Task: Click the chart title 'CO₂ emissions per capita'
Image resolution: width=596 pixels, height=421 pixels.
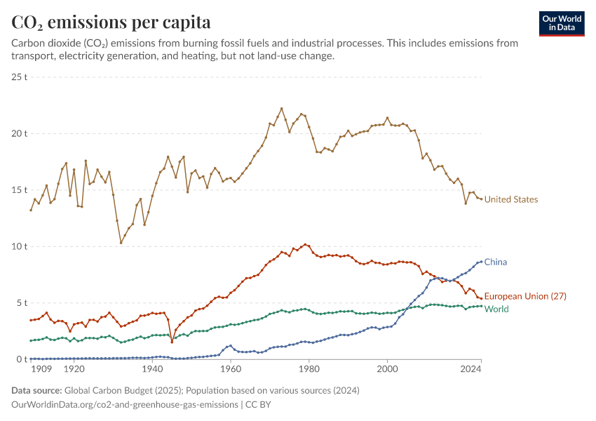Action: (111, 22)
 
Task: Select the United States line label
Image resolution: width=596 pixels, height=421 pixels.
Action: (511, 200)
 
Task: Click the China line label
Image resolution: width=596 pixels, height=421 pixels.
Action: (496, 262)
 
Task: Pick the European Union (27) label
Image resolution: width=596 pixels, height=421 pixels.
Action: (525, 297)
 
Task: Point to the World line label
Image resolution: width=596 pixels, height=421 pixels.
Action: (496, 309)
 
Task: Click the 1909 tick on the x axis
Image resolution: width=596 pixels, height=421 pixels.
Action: (41, 368)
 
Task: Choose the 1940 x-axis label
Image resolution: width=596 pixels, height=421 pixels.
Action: (152, 368)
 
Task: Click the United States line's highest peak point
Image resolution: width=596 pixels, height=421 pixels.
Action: (281, 109)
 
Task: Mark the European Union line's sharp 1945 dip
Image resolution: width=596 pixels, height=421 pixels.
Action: (172, 342)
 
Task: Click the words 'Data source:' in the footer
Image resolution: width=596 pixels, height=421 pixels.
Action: (36, 390)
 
